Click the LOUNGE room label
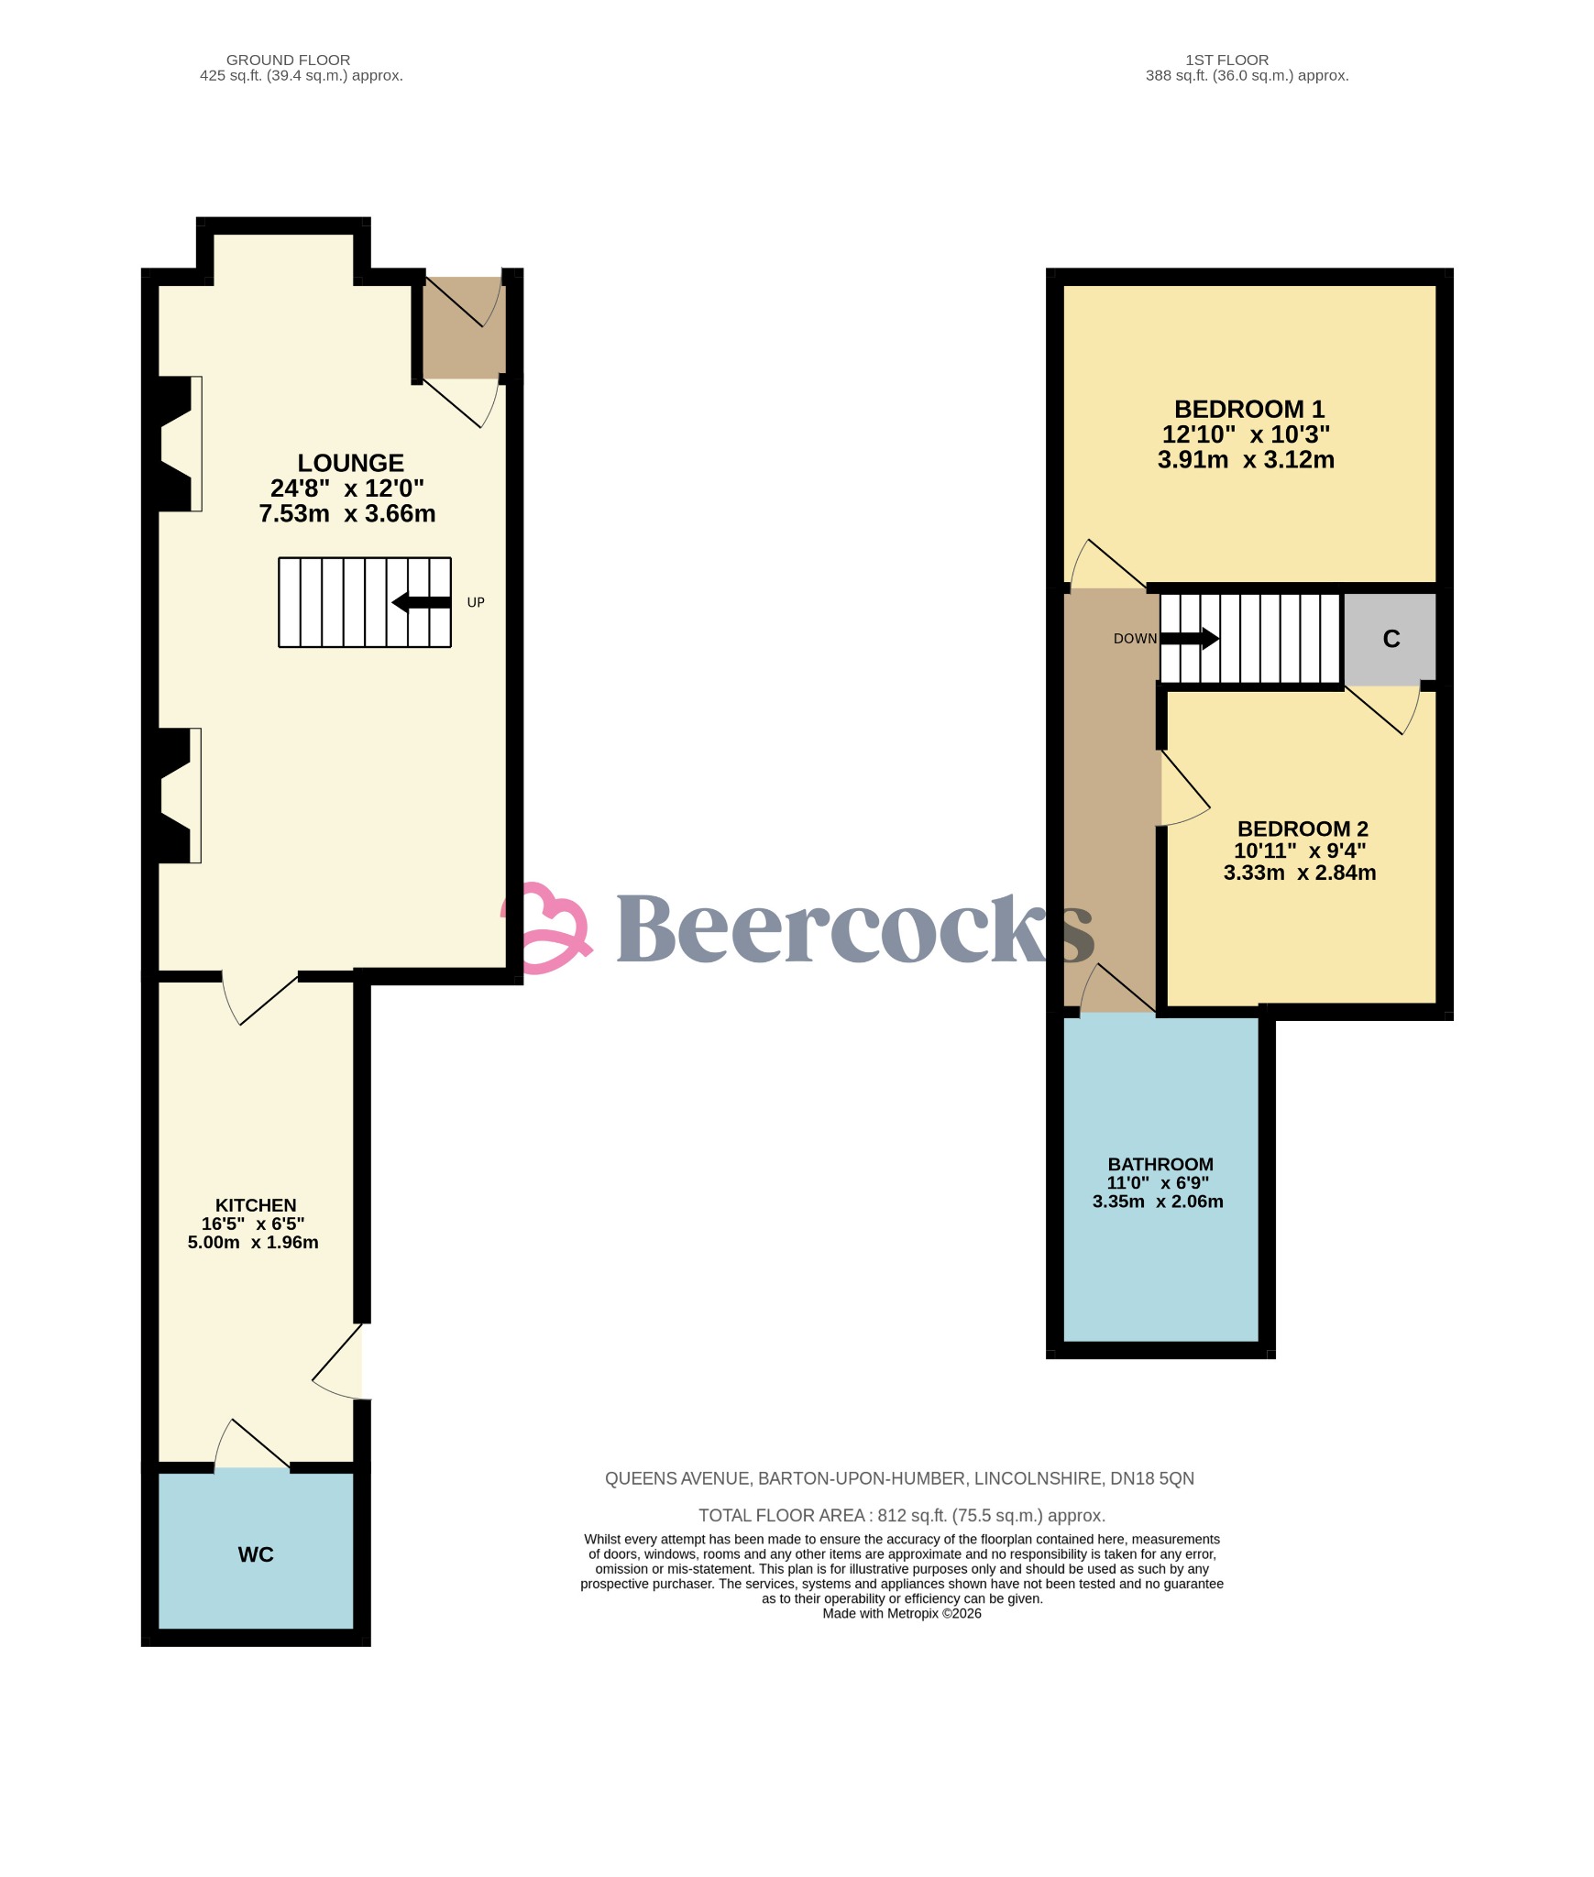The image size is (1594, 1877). [350, 464]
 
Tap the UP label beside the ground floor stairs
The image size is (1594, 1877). [476, 602]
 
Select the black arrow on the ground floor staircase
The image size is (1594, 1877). [422, 602]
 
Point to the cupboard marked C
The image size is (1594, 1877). [1391, 639]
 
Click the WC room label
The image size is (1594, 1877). [256, 1554]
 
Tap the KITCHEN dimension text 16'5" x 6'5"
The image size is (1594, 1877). [253, 1224]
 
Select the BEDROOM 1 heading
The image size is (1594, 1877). [1248, 409]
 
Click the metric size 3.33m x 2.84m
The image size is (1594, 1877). [1299, 873]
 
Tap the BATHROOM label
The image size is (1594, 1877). [1160, 1164]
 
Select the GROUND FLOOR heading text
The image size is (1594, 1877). [288, 60]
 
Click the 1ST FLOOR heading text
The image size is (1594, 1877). [1226, 60]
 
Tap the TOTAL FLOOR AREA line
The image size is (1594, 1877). [901, 1515]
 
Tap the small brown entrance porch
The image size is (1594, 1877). [464, 327]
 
